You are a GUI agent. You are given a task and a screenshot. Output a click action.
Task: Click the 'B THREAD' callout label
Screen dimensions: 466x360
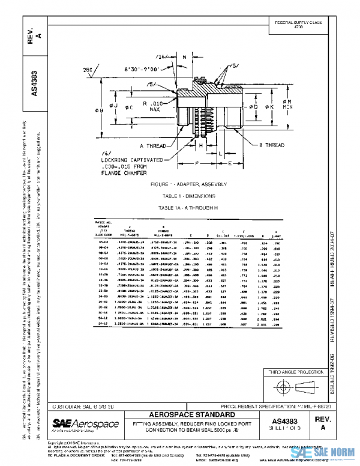pos(272,145)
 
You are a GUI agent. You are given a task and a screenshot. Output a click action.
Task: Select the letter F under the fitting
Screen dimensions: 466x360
pos(196,163)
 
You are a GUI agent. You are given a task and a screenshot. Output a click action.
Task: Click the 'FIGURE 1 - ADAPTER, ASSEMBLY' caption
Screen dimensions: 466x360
pos(179,183)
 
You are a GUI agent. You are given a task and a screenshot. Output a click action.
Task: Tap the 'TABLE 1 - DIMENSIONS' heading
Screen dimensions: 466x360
pos(179,196)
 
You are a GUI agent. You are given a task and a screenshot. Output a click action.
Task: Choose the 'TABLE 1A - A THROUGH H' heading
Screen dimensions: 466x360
pos(179,207)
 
